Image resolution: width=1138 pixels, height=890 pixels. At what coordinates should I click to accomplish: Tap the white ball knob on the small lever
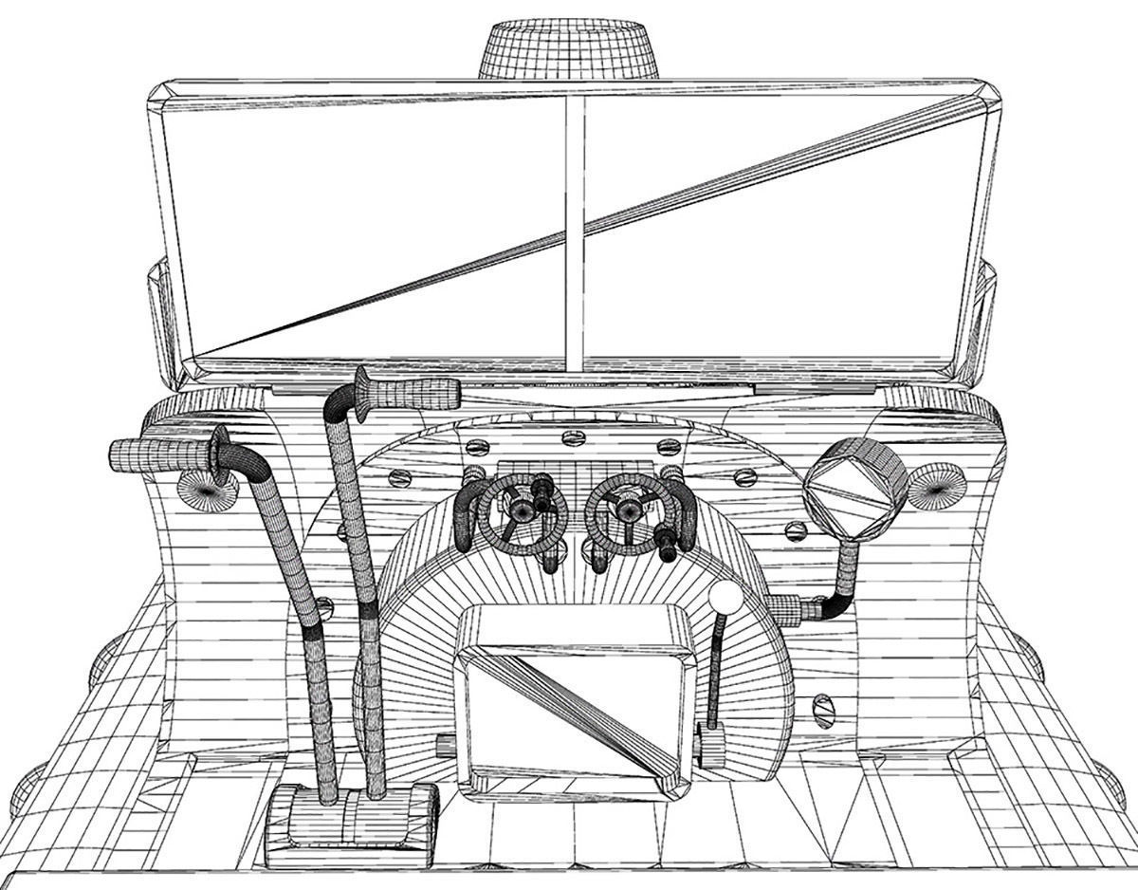coord(725,599)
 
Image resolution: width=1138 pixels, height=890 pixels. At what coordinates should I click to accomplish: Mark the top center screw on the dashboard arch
coord(571,437)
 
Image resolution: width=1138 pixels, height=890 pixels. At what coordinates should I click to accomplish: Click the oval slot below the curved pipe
coord(823,707)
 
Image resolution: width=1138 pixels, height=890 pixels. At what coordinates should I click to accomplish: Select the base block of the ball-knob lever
coord(710,744)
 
